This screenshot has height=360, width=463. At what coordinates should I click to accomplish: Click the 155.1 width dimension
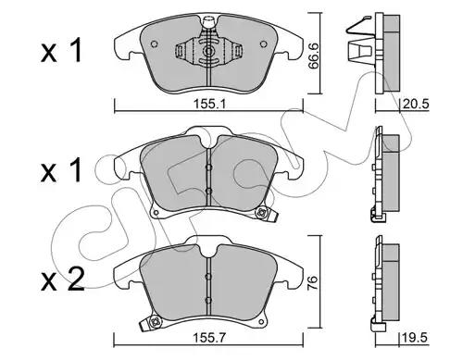coord(209,104)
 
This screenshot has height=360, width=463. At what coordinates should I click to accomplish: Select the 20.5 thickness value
coord(416,104)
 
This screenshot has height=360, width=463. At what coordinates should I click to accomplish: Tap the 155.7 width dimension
coord(209,338)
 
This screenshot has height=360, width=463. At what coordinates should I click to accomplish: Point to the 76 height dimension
coord(313,279)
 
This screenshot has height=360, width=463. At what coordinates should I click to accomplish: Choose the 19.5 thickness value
coord(415,338)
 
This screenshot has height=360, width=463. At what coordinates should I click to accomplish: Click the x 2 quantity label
coord(63,279)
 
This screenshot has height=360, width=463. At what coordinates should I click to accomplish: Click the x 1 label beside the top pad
coord(62,51)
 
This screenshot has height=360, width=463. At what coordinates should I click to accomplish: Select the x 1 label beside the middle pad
coord(62,169)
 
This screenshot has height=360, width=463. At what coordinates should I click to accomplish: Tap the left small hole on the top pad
coord(155,44)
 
